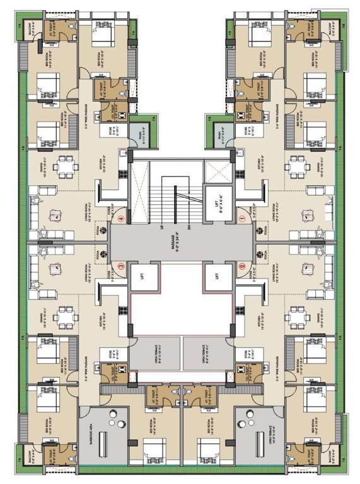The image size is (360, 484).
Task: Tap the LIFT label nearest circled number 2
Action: click(x=215, y=275)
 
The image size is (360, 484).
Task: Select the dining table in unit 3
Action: click(x=63, y=315)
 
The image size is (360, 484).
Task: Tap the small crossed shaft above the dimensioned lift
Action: click(x=215, y=172)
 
